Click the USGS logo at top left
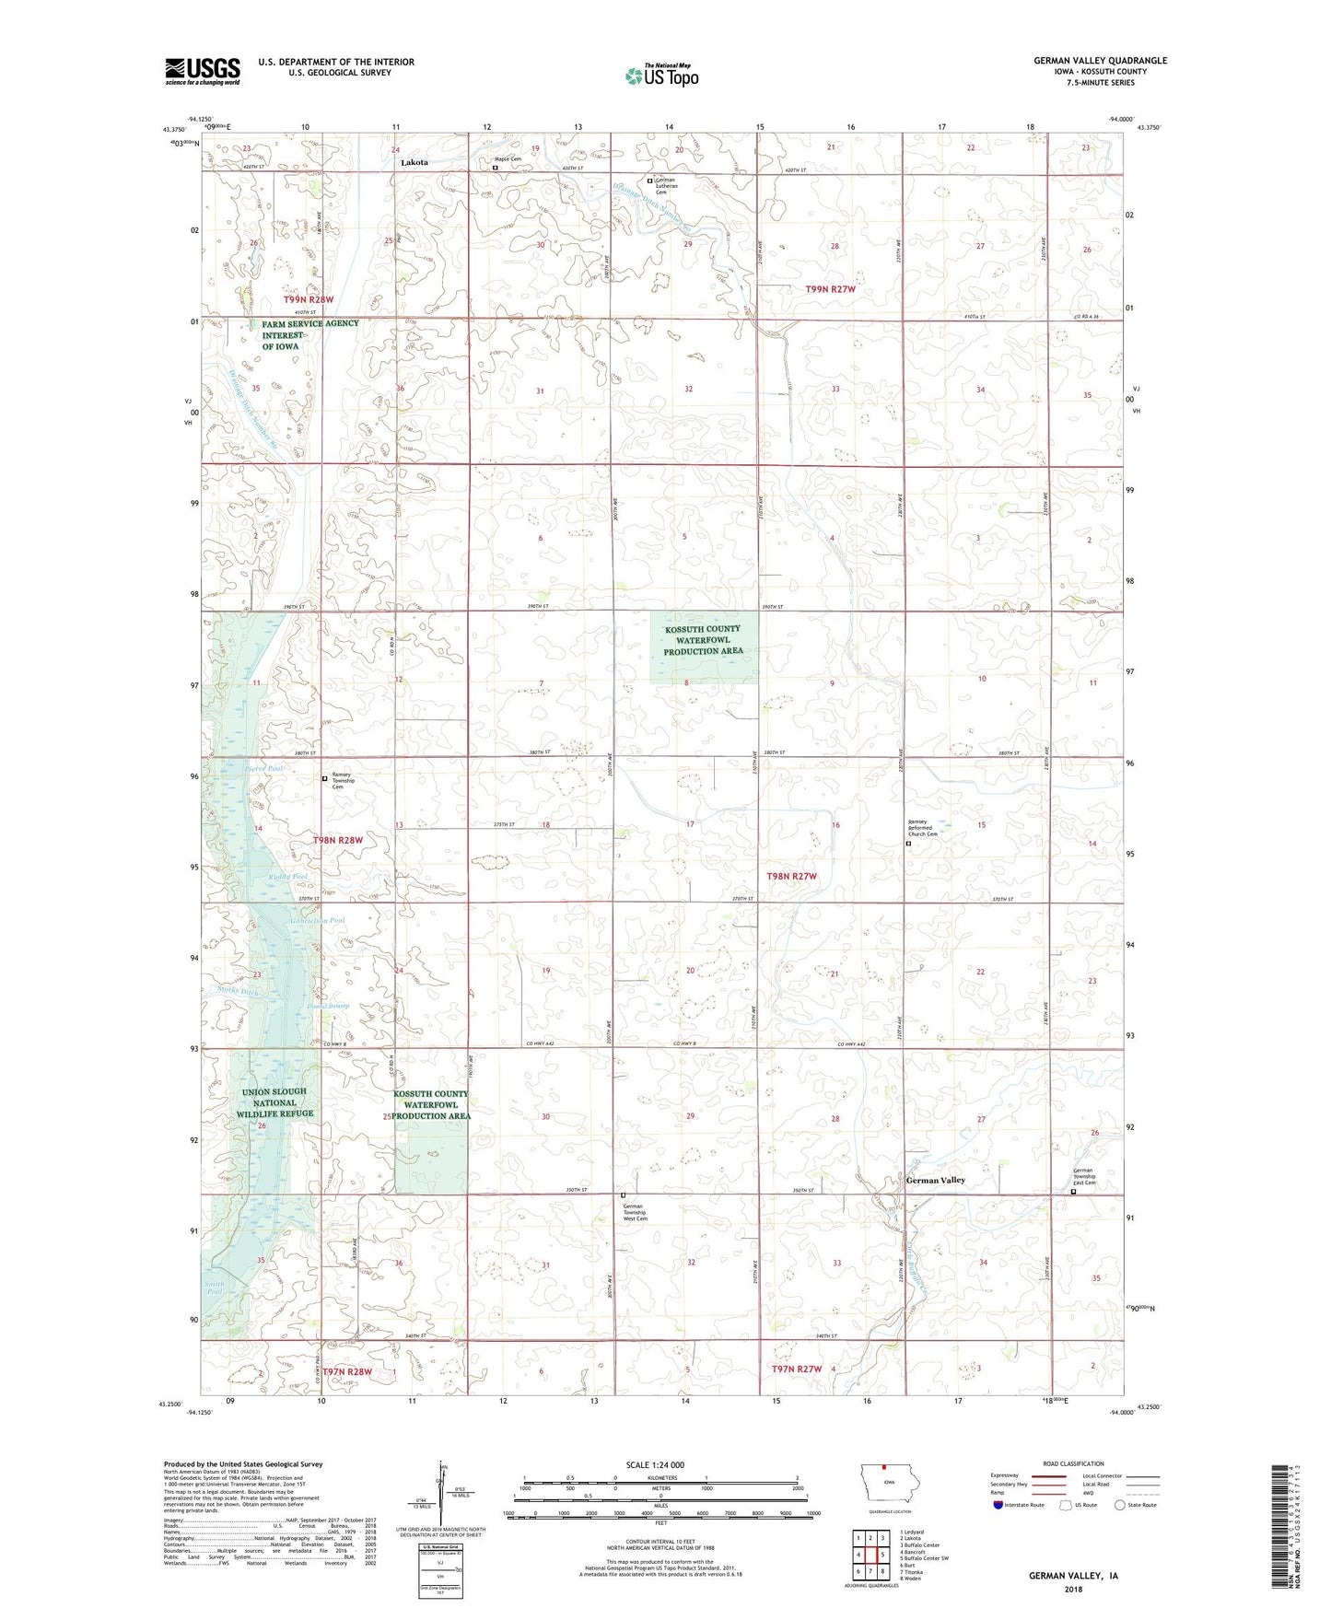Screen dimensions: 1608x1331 pyautogui.click(x=203, y=71)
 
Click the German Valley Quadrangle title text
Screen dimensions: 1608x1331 pyautogui.click(x=1100, y=61)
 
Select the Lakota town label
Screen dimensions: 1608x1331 pyautogui.click(x=414, y=162)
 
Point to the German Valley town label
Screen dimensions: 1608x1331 pyautogui.click(x=935, y=1180)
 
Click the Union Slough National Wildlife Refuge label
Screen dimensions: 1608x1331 pyautogui.click(x=274, y=1102)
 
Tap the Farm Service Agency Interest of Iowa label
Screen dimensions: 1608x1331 pyautogui.click(x=309, y=335)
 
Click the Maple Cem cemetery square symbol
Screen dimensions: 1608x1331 pyautogui.click(x=495, y=169)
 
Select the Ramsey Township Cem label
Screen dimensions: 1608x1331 pyautogui.click(x=343, y=781)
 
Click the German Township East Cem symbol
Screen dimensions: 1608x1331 pyautogui.click(x=1073, y=1192)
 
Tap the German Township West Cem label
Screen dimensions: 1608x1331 pyautogui.click(x=635, y=1212)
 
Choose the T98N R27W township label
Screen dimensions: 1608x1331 pyautogui.click(x=791, y=876)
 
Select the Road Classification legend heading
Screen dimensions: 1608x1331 pyautogui.click(x=1073, y=1463)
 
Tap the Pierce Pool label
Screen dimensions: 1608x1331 pyautogui.click(x=239, y=767)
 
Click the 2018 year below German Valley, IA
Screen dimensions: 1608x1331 pyautogui.click(x=1072, y=1588)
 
